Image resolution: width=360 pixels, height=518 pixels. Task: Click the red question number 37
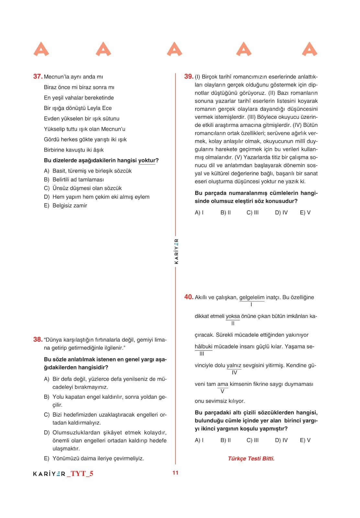click(38, 76)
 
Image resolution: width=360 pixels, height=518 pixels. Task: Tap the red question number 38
click(38, 339)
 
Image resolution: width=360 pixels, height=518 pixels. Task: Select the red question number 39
click(189, 76)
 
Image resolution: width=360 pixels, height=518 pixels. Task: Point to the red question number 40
click(189, 297)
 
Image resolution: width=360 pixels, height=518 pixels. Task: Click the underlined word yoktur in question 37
click(147, 160)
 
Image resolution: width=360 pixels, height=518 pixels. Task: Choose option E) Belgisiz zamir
click(66, 205)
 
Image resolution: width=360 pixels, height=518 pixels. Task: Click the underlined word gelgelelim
click(252, 297)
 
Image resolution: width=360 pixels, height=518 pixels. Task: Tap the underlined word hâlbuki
click(203, 346)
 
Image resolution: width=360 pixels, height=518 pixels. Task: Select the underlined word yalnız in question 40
click(234, 365)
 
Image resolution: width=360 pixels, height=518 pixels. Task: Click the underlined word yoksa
click(232, 316)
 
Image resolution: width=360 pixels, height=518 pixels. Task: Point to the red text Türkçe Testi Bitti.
click(251, 458)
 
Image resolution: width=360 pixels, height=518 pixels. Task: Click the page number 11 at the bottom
click(175, 473)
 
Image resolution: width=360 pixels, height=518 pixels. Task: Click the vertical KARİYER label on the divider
click(176, 251)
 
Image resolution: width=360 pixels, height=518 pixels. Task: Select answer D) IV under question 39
click(281, 212)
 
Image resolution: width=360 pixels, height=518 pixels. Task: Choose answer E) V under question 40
click(305, 440)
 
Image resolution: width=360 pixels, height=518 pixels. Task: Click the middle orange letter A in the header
click(174, 49)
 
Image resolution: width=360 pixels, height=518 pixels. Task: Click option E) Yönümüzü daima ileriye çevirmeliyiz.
click(94, 458)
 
